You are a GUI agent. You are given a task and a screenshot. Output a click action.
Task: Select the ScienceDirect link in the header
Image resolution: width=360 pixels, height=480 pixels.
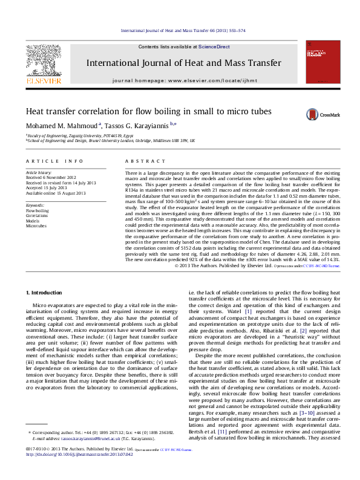[x=214, y=47]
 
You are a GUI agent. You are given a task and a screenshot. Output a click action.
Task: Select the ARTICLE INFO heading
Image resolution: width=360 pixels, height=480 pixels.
[x=54, y=161]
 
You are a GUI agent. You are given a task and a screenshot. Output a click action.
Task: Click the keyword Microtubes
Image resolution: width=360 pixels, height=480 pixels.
[x=36, y=225]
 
